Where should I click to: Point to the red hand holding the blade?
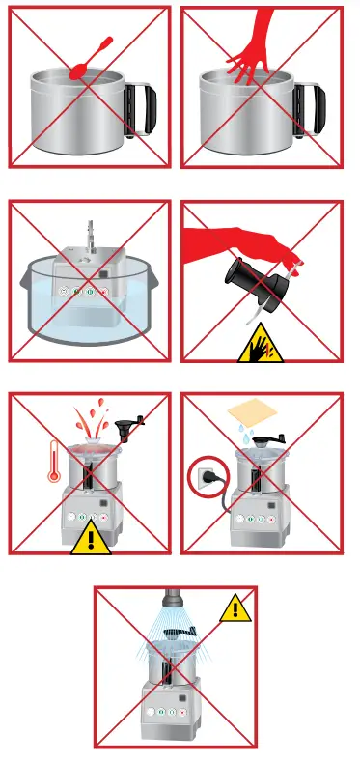(x=241, y=237)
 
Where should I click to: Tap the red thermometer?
(x=55, y=458)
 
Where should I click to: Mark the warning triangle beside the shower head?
(x=233, y=608)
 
